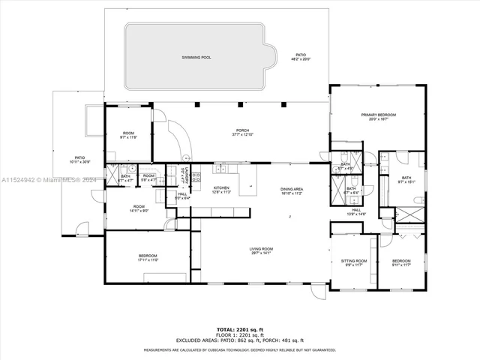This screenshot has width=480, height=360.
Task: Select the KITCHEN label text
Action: coord(220,187)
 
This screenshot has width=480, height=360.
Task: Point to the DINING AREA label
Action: coord(292,189)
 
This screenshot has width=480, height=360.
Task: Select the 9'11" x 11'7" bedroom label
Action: coord(401,264)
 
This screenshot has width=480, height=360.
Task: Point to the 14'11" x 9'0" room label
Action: coord(139,210)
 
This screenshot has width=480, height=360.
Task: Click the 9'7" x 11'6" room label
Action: coord(129,138)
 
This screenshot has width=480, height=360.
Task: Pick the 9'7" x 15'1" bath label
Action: coord(406,181)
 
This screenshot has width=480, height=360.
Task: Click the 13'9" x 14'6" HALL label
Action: coord(356,214)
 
